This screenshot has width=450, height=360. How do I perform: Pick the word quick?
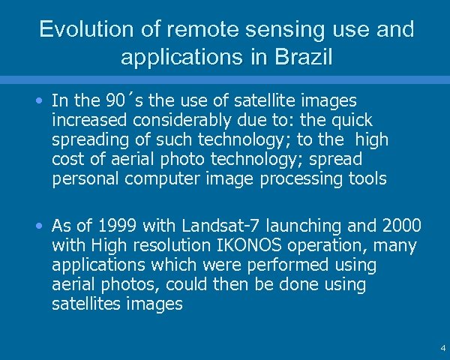(350, 120)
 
